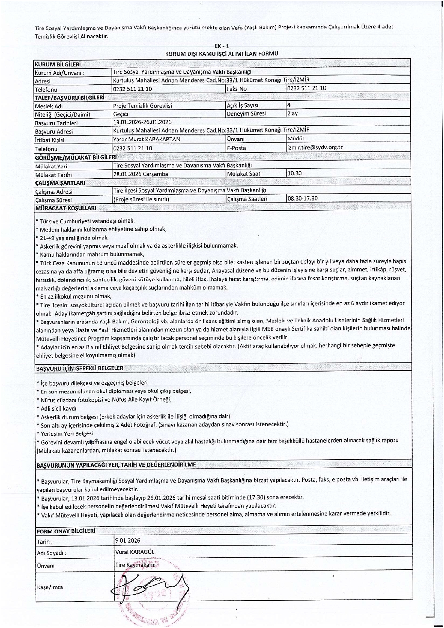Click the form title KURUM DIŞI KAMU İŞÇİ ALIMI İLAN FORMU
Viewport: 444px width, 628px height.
pos(222,53)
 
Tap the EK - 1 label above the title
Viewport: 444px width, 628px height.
pos(222,46)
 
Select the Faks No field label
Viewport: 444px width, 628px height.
pos(236,89)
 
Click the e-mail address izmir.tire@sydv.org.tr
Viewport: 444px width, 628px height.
pos(315,147)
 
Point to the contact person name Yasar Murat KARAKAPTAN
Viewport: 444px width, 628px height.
pos(146,139)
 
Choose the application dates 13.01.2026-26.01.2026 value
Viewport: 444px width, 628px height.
pos(142,122)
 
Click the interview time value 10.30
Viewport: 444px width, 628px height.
pos(294,173)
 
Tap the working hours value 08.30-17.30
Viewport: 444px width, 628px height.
pos(302,198)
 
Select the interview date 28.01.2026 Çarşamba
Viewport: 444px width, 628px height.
pos(141,174)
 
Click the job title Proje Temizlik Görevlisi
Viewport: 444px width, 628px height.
pos(142,106)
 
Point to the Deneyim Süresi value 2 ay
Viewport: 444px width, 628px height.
pos(292,113)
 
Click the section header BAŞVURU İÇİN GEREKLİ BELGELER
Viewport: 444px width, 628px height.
pos(80,368)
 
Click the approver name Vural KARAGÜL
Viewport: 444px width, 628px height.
pos(135,552)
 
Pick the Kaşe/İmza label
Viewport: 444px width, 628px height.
pos(50,587)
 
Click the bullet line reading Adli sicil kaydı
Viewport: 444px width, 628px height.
pos(56,409)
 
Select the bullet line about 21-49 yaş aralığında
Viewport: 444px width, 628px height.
pos(73,238)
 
